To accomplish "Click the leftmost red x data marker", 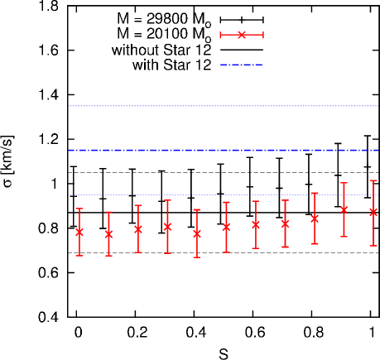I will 79,232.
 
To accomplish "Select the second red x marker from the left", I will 108,234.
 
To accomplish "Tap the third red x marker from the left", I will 137,229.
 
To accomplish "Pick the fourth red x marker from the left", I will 167,226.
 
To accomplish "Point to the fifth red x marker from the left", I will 196,233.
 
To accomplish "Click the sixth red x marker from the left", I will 226,226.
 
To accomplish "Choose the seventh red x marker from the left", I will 255,224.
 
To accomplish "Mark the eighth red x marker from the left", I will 285,223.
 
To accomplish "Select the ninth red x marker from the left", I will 315,218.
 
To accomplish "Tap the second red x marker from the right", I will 344,210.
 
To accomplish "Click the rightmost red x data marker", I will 373,212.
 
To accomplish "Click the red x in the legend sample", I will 242,35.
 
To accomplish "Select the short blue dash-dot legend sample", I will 242,65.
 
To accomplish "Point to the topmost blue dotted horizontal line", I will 224,106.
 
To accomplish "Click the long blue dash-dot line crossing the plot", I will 224,151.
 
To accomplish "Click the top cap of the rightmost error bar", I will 373,180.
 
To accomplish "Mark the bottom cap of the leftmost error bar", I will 79,255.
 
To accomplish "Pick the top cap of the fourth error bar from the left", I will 167,200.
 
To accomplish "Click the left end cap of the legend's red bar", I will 220,35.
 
